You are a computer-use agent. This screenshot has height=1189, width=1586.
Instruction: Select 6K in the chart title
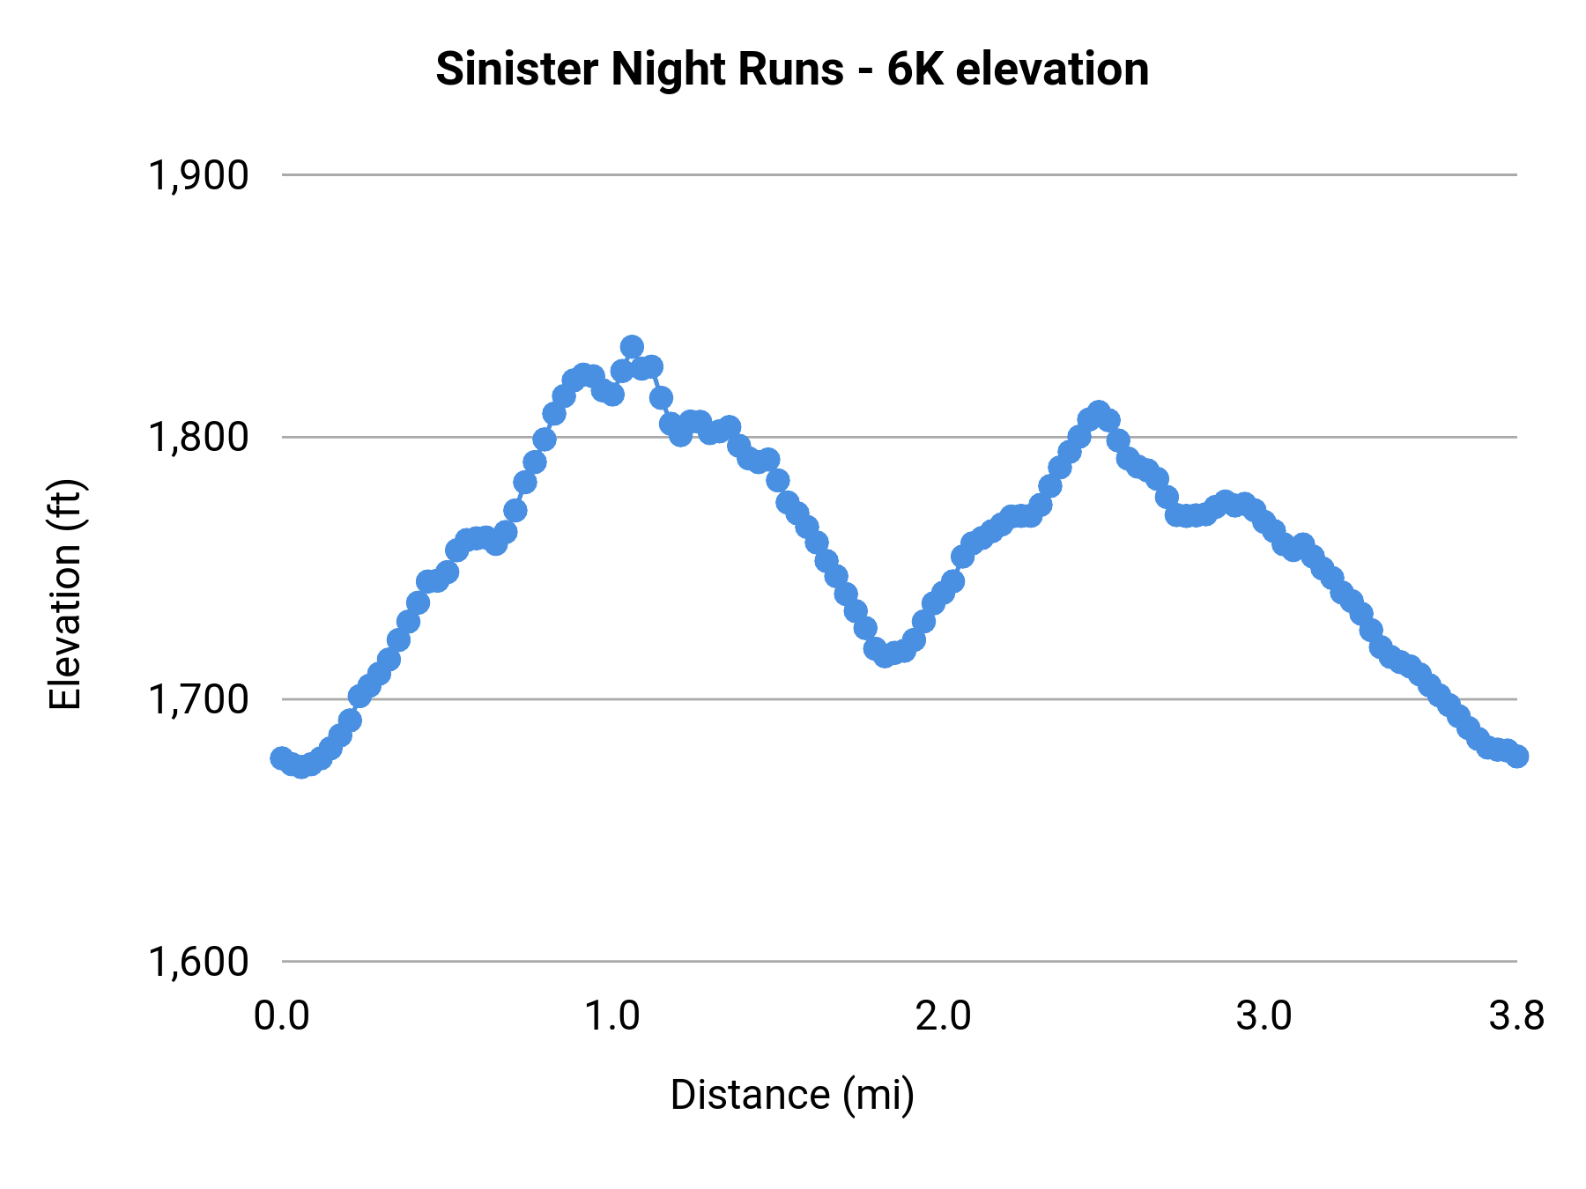[913, 70]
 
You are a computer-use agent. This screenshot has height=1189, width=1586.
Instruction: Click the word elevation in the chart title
[1052, 70]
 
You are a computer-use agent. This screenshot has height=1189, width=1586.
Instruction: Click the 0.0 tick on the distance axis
[282, 1016]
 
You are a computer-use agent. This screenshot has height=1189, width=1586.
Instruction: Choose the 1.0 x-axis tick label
[613, 1016]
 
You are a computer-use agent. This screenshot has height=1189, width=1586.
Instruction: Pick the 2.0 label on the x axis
[943, 1016]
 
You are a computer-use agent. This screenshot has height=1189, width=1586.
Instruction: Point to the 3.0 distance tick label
[1264, 1016]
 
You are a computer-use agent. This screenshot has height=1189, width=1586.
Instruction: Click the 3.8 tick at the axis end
[1516, 1016]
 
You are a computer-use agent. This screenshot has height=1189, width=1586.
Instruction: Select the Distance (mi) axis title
[792, 1095]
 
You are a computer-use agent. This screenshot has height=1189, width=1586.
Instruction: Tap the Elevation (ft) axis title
[65, 594]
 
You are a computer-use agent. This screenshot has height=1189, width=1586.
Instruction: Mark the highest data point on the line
[632, 347]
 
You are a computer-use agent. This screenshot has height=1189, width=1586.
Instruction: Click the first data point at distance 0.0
[282, 758]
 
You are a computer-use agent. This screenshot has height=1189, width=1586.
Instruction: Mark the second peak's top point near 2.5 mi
[1098, 412]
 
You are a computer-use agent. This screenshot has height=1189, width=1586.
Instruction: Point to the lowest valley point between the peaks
[885, 655]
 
